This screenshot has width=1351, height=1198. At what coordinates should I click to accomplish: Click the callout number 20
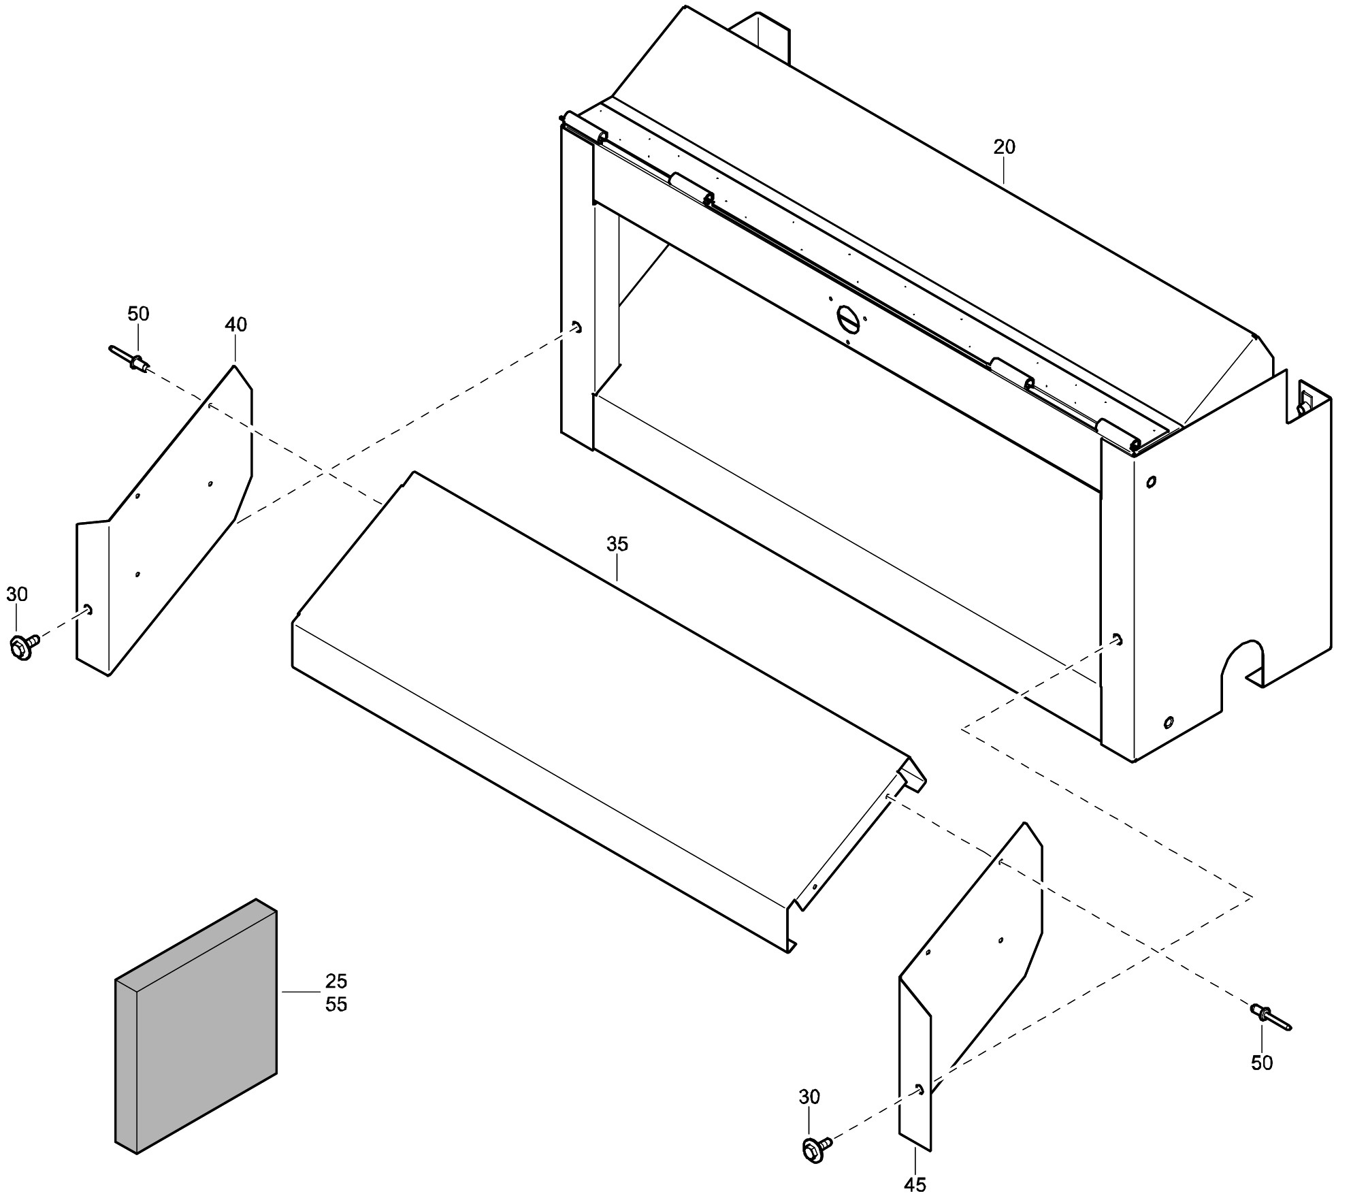[1004, 147]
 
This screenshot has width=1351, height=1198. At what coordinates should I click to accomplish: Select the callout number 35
[617, 544]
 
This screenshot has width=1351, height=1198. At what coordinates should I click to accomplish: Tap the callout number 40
[235, 325]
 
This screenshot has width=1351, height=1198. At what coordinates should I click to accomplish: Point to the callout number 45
[915, 1184]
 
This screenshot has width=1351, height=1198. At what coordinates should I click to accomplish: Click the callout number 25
[336, 981]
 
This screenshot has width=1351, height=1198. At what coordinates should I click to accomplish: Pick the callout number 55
[336, 1004]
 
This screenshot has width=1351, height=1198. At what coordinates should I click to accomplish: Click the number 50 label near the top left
[138, 314]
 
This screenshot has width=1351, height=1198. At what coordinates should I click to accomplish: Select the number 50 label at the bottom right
[1262, 1063]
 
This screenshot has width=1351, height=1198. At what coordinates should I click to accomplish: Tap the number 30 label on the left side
[17, 594]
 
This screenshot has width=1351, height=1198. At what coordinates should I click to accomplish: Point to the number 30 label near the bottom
[809, 1097]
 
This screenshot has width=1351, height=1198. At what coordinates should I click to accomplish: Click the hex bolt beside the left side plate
[25, 646]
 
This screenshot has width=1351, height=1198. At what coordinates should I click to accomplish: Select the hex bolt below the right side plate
[817, 1148]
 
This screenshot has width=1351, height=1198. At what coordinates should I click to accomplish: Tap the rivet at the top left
[130, 359]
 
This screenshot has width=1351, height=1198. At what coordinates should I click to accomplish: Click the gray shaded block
[196, 1026]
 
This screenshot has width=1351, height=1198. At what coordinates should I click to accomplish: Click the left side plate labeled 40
[164, 521]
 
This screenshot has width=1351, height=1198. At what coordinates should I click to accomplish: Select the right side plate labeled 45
[971, 986]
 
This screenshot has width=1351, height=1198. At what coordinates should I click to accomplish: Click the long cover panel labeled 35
[609, 712]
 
